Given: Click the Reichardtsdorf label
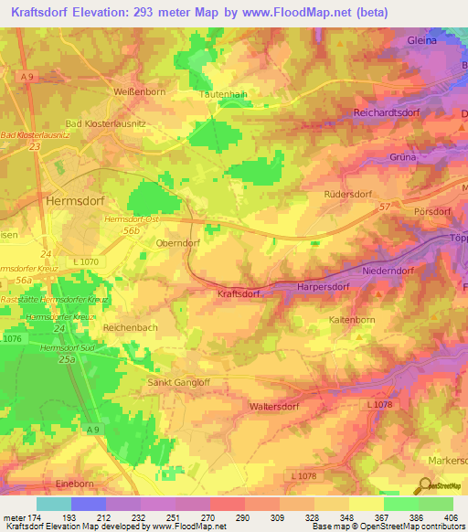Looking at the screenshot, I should click(x=390, y=112).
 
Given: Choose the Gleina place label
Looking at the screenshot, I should click(x=421, y=40).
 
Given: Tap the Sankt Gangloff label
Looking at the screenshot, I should click(x=179, y=383).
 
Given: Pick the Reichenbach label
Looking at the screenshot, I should click(x=133, y=326).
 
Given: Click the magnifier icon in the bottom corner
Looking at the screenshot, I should click(x=425, y=485).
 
